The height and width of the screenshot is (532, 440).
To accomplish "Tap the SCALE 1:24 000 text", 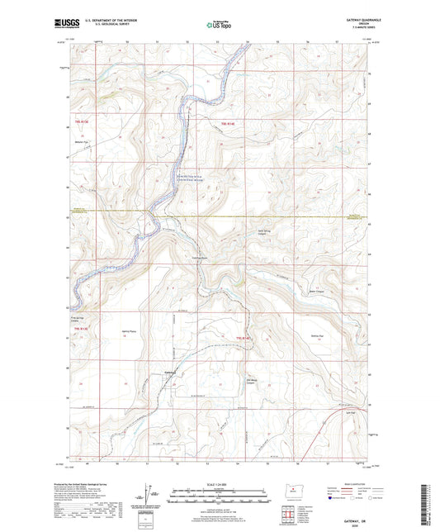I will [x=220, y=483].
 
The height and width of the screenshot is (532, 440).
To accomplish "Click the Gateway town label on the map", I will [x=172, y=373].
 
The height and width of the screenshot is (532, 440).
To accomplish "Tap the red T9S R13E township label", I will [x=79, y=124].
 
